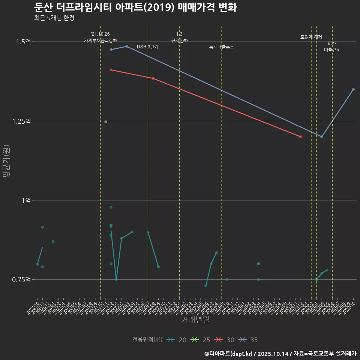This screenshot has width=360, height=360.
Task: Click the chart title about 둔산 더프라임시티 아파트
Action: click(135, 7)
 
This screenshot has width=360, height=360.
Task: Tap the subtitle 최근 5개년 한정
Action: click(54, 18)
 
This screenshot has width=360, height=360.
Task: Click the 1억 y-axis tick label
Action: click(26, 200)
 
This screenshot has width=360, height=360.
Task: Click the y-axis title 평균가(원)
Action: click(6, 161)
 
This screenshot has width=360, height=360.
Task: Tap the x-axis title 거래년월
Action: click(195, 319)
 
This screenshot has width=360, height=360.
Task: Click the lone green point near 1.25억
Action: click(106, 122)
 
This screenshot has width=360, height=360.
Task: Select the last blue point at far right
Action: click(353, 89)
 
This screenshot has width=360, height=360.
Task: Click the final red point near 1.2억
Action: click(301, 137)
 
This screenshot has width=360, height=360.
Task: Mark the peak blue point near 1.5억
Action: click(127, 46)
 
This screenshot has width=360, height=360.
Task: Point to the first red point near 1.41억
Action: click(111, 70)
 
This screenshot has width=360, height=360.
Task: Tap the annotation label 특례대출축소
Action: click(222, 47)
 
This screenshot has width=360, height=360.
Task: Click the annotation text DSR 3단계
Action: click(148, 47)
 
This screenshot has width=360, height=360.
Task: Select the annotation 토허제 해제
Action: click(311, 37)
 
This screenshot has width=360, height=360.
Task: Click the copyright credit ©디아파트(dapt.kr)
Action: click(229, 354)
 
